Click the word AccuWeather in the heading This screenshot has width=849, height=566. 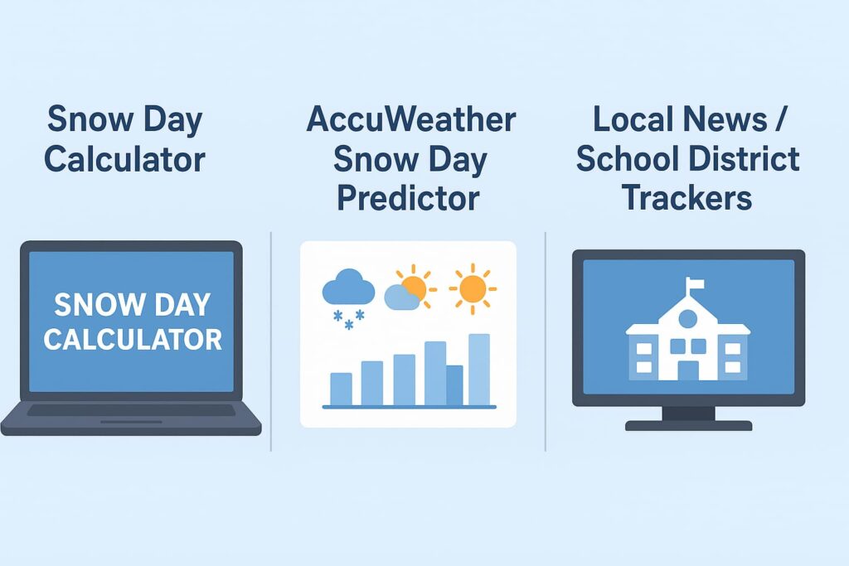(411, 119)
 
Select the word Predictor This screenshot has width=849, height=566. (408, 198)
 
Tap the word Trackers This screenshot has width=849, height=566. (687, 198)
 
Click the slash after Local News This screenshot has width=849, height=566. (779, 119)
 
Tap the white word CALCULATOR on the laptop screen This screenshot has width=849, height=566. (133, 340)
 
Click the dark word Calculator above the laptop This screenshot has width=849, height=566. (124, 159)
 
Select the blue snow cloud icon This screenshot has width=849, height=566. (348, 298)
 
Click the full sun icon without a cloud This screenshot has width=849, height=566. (473, 289)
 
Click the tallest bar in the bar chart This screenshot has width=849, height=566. (479, 370)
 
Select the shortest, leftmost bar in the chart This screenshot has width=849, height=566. (341, 389)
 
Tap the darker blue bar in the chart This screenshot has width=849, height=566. (455, 385)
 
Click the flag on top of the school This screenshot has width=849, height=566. (696, 283)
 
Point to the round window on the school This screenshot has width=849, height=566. (688, 319)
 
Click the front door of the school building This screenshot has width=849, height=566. (688, 370)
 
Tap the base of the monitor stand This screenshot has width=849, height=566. (689, 426)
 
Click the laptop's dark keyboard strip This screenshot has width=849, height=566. (131, 410)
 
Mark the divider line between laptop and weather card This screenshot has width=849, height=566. (271, 341)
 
